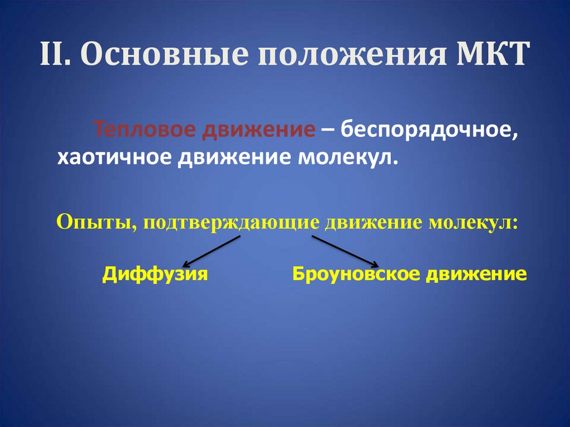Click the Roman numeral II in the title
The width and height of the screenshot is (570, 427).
click(x=54, y=56)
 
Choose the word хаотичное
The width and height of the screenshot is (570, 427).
click(x=114, y=158)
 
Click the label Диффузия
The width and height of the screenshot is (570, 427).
click(x=155, y=274)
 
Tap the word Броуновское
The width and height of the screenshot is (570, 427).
click(x=357, y=274)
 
